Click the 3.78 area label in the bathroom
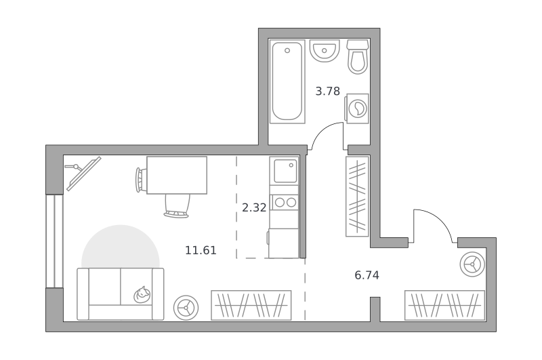coord(328,92)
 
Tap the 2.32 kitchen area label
coord(254,208)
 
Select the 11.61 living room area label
coord(201,250)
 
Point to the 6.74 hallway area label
coord(367,275)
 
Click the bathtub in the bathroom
coord(287,81)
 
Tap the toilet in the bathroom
coord(358,57)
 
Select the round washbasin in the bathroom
coord(325,50)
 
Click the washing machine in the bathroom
coord(357,108)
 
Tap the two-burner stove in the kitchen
coord(284,202)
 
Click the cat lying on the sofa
coord(142,295)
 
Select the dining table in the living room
coord(177,175)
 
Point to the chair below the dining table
coord(177,206)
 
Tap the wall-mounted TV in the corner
coord(83,174)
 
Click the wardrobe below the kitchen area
coord(251,305)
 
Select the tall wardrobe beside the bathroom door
coord(358,197)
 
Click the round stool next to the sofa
coord(186,308)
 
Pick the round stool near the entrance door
coord(472,264)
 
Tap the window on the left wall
coord(55,241)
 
